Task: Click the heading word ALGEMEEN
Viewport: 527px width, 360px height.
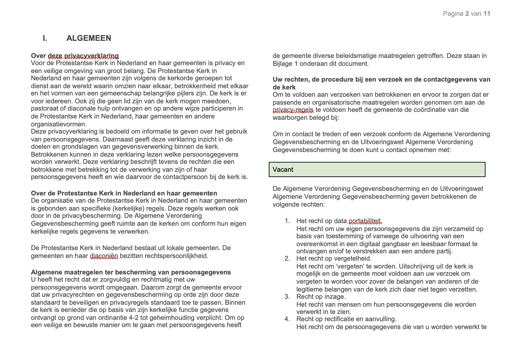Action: (x=89, y=38)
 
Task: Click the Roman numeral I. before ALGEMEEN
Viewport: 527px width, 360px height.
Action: (x=45, y=38)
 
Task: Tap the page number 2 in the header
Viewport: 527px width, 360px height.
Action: (x=467, y=13)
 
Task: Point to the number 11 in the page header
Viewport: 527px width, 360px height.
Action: (x=487, y=13)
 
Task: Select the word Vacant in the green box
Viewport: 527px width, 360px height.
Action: (x=283, y=169)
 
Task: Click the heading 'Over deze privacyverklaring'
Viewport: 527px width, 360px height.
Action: (x=75, y=56)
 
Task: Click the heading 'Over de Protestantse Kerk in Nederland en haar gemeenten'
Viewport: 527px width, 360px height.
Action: (x=124, y=193)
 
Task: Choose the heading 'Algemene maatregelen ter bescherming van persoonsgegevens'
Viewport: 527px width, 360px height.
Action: (x=131, y=272)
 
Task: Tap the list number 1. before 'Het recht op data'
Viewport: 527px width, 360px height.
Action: (x=287, y=221)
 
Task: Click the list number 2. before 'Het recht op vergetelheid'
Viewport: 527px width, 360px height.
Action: (x=287, y=258)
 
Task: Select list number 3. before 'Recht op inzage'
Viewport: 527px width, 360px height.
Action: (x=287, y=296)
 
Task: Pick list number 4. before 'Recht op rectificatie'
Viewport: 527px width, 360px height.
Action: (x=287, y=319)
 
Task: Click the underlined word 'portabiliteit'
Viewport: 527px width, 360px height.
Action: (x=365, y=221)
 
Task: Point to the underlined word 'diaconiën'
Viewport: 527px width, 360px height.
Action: (x=104, y=256)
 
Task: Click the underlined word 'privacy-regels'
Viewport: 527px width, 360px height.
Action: (x=293, y=110)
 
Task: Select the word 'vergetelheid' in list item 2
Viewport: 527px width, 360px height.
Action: (x=353, y=258)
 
